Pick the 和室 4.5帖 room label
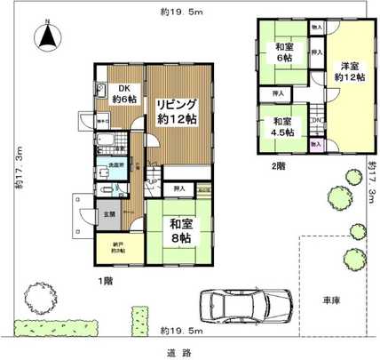[x=283, y=126]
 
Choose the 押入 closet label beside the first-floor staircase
[x=180, y=188]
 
